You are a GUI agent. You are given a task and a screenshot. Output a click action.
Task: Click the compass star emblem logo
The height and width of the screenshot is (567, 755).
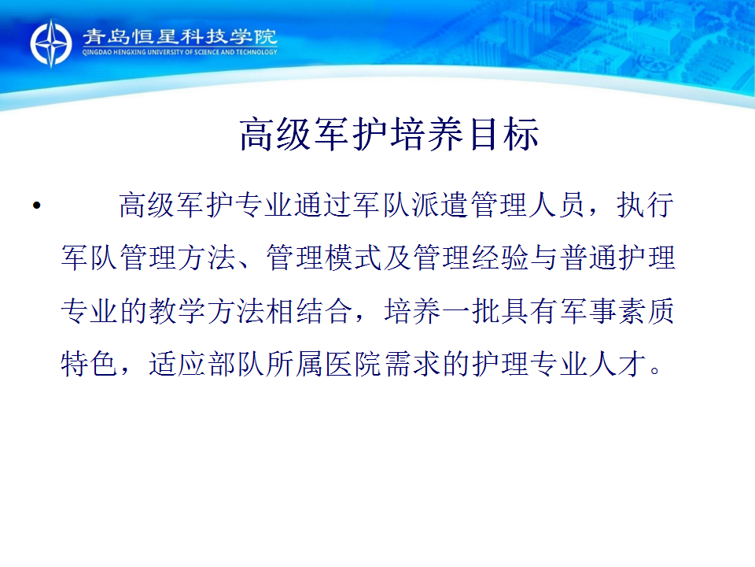50,43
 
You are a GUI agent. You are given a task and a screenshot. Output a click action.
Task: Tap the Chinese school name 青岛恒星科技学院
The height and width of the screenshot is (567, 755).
179,37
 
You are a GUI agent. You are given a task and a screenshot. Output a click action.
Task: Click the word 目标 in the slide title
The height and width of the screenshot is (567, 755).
504,135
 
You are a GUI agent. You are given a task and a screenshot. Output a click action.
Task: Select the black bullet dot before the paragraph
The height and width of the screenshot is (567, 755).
37,206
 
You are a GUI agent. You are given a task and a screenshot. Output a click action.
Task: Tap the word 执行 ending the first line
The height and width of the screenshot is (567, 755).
645,205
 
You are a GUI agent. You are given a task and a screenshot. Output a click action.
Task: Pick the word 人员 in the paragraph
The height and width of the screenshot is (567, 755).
557,205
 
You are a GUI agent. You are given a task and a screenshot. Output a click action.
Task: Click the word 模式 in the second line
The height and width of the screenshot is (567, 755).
354,258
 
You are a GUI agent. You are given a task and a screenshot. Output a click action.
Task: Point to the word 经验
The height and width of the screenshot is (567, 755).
501,258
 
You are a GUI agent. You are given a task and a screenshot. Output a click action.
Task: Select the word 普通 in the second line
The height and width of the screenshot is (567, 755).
589,258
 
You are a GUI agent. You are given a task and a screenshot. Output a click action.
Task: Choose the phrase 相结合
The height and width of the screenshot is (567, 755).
310,310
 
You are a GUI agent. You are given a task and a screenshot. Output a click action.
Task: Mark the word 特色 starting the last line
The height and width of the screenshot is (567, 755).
90,363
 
